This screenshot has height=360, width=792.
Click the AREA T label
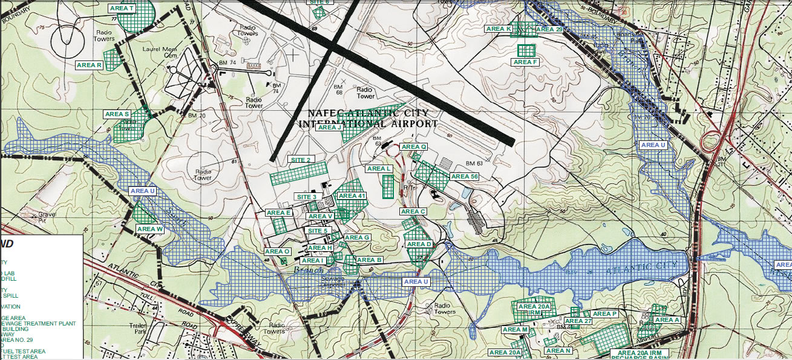(x=123, y=8)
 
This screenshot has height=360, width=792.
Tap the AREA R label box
(x=90, y=65)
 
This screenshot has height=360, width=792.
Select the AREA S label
(x=117, y=114)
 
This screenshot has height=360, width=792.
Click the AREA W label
(x=149, y=229)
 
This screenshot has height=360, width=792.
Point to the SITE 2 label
(x=301, y=160)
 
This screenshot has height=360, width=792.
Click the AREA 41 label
(x=352, y=195)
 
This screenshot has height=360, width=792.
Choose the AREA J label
(x=330, y=127)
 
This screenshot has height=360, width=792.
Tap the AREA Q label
(x=414, y=146)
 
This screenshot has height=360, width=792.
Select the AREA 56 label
(x=465, y=177)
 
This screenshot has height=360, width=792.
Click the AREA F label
(x=525, y=62)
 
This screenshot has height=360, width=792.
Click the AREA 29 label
(x=549, y=29)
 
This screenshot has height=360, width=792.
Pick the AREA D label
(x=419, y=244)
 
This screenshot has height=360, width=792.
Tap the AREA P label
(x=604, y=313)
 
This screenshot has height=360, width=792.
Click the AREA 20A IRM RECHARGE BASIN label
(x=640, y=354)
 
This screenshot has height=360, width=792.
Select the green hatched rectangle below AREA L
(x=388, y=186)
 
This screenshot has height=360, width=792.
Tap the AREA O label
(x=278, y=251)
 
